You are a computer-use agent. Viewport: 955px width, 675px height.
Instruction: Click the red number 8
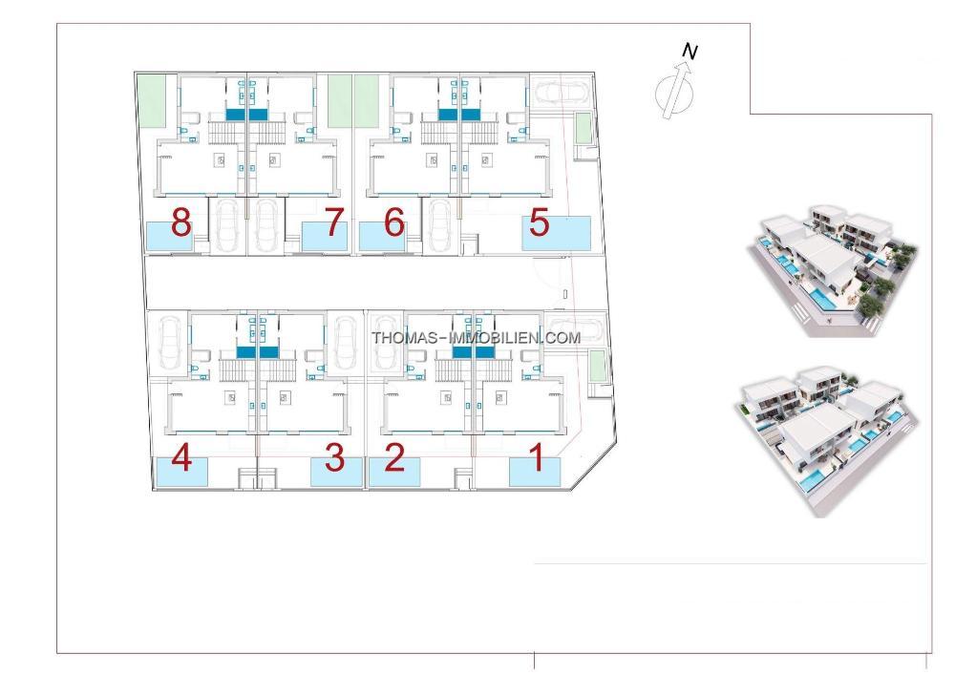[180, 223]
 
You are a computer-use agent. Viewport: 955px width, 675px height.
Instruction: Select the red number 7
[333, 223]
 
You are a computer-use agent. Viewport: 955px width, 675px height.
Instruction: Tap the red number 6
[394, 223]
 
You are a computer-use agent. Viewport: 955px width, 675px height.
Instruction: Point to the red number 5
[540, 223]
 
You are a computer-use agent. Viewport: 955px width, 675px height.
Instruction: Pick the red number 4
[181, 460]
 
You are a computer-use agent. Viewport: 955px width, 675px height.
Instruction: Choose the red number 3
[334, 459]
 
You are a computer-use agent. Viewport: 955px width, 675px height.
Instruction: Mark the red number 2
[394, 460]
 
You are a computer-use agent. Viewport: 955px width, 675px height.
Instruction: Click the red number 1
[538, 459]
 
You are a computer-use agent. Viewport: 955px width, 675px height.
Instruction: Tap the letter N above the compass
[690, 53]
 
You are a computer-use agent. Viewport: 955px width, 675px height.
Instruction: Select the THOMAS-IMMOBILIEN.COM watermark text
[476, 337]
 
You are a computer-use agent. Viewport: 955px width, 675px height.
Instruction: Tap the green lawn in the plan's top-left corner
[151, 99]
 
